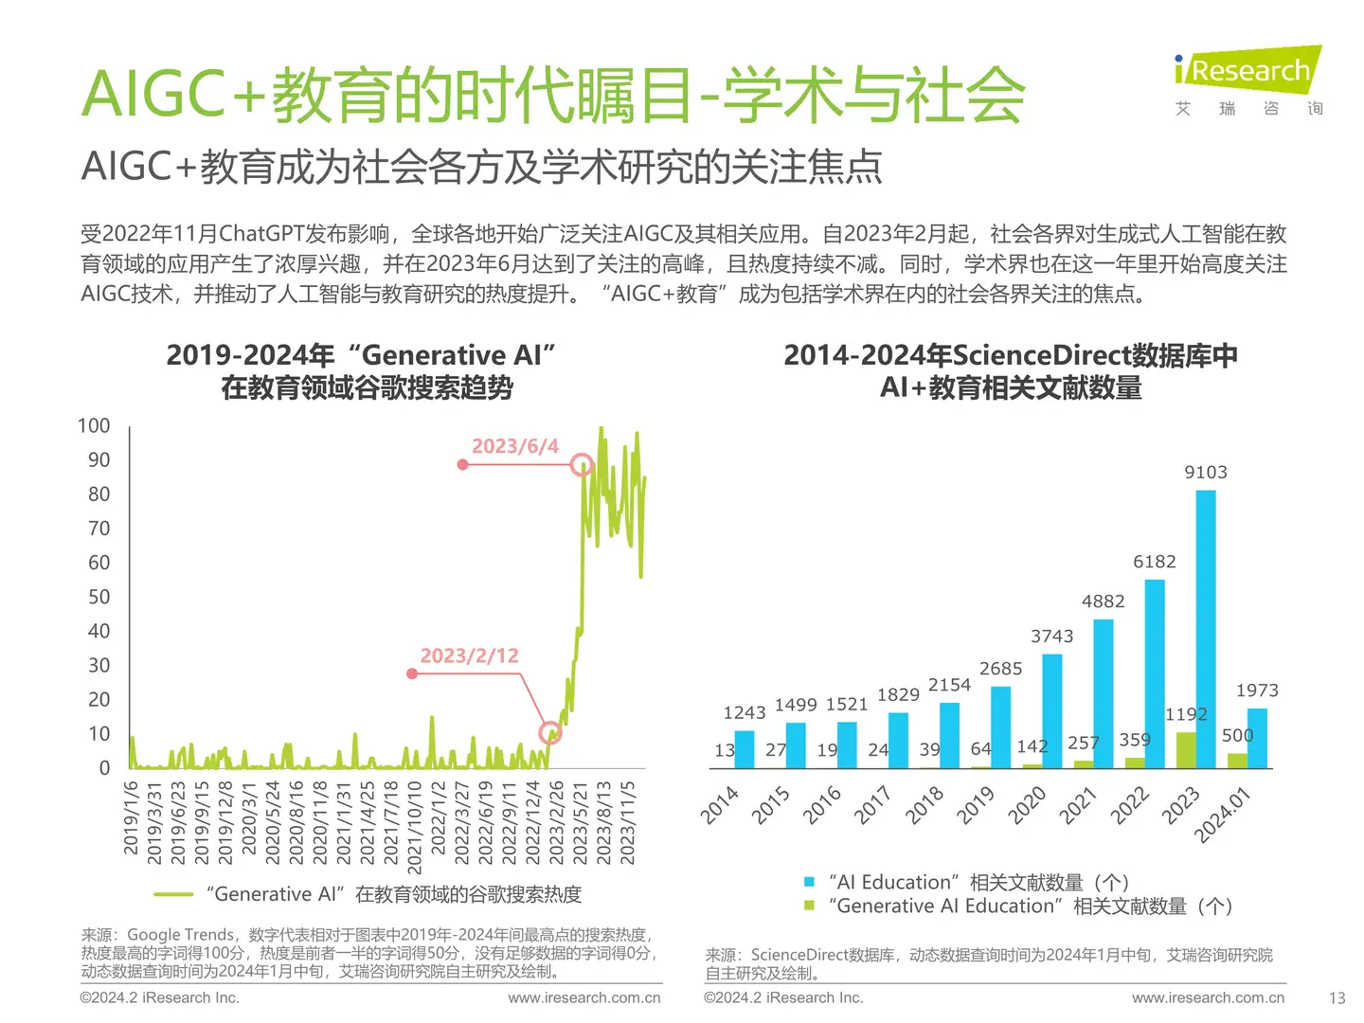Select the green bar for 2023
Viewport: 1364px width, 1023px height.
(x=1185, y=749)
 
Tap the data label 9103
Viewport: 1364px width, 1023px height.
(x=1206, y=472)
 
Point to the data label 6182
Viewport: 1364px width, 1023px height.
(x=1155, y=562)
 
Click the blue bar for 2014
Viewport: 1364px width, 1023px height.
(x=745, y=748)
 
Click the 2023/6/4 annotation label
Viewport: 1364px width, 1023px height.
(x=515, y=446)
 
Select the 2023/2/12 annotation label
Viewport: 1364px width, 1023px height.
(x=470, y=655)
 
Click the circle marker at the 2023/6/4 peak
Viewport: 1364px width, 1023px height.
(x=583, y=464)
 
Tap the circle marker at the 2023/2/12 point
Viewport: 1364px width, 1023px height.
(x=549, y=732)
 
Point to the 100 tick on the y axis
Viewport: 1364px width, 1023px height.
(x=94, y=426)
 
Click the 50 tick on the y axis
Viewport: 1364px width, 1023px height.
(x=99, y=597)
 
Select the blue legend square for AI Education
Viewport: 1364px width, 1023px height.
(x=809, y=882)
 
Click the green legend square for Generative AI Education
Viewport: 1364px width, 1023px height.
(x=809, y=906)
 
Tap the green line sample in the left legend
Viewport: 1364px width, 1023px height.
(x=173, y=894)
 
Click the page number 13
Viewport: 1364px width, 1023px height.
(x=1337, y=997)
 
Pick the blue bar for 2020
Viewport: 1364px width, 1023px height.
(x=1052, y=710)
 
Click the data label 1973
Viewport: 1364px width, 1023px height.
(x=1257, y=691)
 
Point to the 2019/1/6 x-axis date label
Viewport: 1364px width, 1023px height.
(x=132, y=817)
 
